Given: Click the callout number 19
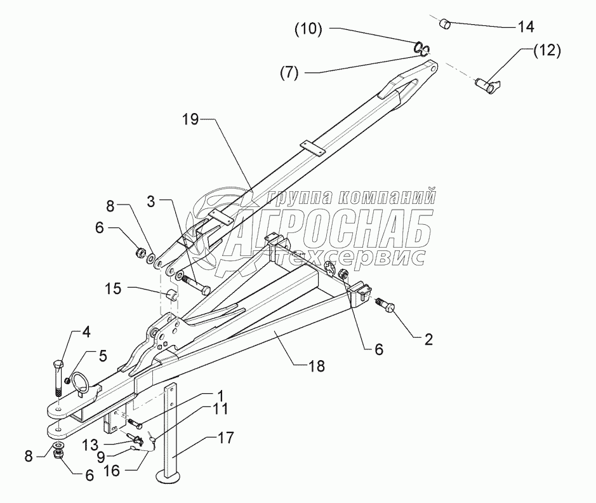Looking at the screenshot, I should (190, 119).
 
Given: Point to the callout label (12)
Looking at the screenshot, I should (546, 51).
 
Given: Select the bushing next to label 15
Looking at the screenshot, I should (171, 297).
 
